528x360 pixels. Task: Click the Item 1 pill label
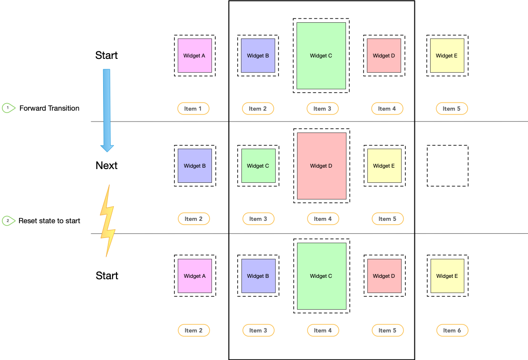pos(193,108)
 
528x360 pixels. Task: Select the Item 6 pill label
pos(452,330)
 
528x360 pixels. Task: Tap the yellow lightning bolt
pos(107,221)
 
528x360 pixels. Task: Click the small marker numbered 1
pos(8,108)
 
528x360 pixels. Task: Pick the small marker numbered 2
pos(8,221)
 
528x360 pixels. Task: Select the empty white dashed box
pos(447,166)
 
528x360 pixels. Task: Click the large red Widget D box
pos(321,166)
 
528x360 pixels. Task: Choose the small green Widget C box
pos(258,166)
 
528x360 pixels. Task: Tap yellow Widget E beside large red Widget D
pos(384,166)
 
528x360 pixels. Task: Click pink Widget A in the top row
pos(194,56)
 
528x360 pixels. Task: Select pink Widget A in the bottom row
pos(194,276)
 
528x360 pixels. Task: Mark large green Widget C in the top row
pos(321,56)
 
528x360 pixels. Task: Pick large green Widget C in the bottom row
pos(321,276)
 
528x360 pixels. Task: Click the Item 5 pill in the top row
pos(451,108)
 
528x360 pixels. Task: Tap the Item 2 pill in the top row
pos(258,108)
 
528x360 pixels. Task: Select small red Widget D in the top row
pos(384,56)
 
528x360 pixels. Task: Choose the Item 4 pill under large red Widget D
pos(323,219)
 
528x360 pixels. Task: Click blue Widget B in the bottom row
pos(258,276)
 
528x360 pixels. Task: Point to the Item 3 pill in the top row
pos(322,108)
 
